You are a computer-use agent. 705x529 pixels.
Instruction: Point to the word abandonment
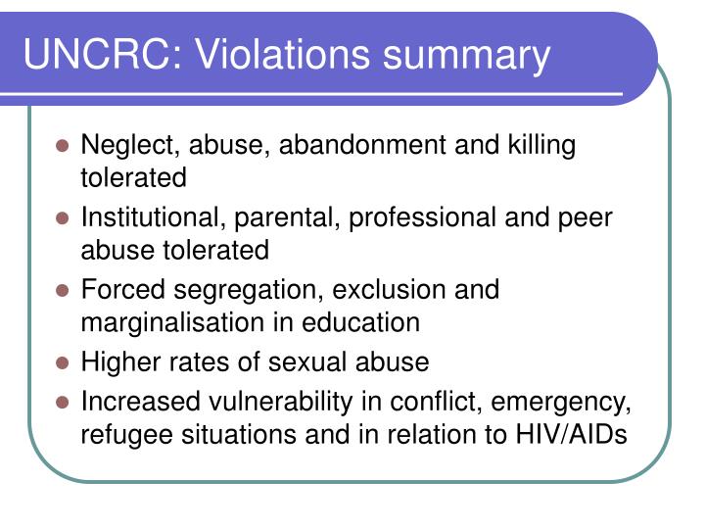[x=362, y=145]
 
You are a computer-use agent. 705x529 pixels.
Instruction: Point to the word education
[x=359, y=322]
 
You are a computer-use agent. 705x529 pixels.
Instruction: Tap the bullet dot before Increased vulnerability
[x=63, y=403]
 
